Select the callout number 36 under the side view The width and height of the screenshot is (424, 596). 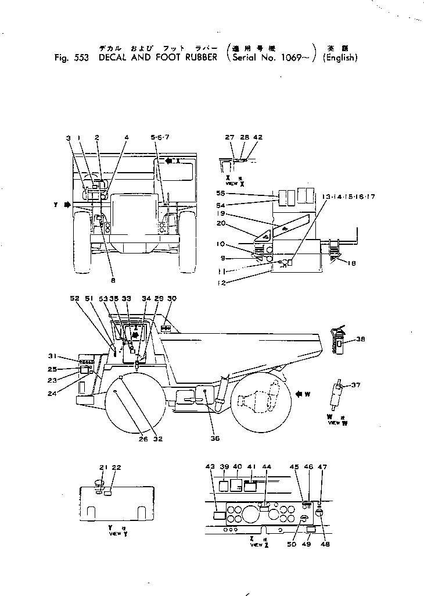214,439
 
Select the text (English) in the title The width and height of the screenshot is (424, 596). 340,58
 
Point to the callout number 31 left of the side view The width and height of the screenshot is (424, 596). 52,356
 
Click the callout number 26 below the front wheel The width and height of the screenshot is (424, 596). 143,439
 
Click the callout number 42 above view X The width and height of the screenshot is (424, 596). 258,138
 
